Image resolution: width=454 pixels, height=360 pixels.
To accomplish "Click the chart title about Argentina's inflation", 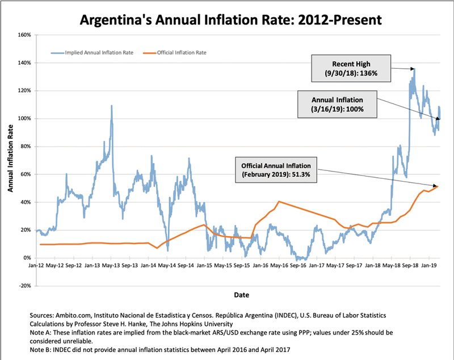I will coord(227,20).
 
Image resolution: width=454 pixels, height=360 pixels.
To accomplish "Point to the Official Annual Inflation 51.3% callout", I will coord(276,169).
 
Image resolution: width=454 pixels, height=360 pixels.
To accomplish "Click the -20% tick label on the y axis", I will coord(23,286).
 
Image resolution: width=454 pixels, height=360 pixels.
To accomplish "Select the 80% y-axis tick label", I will coord(24,146).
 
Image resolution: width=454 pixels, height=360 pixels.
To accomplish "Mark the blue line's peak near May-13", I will coord(111,106).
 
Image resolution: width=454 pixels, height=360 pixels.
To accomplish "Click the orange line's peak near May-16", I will coord(279,202).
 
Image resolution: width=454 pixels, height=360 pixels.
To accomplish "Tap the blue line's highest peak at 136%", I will coord(414,69).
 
